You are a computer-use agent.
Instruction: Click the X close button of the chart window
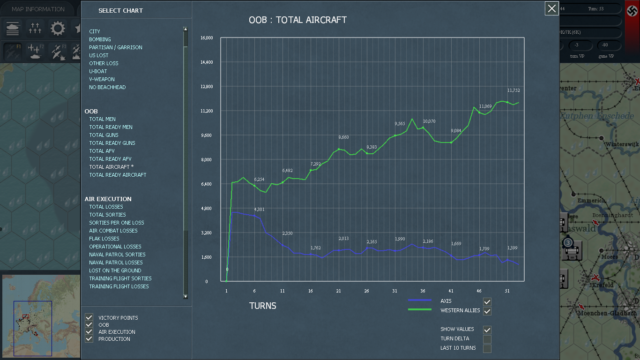point(552,8)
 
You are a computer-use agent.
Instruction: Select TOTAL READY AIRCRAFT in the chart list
point(118,175)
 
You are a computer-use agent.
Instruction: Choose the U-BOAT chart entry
point(98,71)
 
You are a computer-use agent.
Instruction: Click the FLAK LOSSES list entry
point(104,239)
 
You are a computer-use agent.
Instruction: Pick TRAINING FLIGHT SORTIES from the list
point(120,278)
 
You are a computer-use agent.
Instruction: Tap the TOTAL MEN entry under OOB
point(102,119)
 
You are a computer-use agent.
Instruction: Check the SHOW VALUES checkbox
point(487,330)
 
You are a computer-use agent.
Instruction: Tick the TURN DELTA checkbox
point(487,339)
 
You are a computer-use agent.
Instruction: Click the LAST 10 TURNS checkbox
point(487,348)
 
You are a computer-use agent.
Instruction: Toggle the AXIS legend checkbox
point(487,301)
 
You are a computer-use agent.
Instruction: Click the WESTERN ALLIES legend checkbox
point(487,311)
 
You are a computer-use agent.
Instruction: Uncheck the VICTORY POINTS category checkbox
point(89,318)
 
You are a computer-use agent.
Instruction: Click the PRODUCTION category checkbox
point(89,339)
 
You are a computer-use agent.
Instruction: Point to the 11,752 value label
point(513,90)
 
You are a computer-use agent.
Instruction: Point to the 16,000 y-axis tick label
point(207,38)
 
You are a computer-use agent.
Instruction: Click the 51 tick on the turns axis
point(507,291)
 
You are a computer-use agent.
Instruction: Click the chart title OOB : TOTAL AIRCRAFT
point(298,20)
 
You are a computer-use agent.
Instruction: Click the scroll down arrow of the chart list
point(186,296)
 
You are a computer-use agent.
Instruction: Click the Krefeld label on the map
point(603,285)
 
